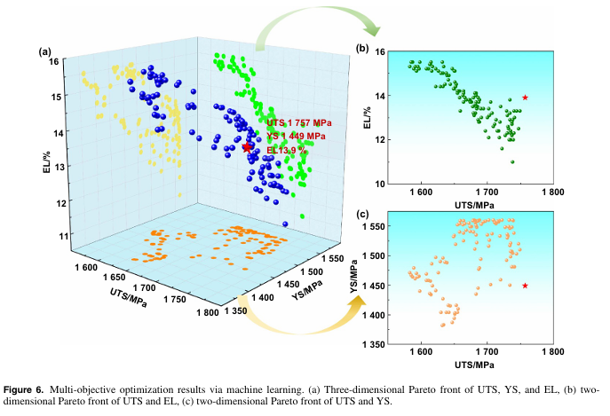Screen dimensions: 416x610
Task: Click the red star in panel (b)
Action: [526, 98]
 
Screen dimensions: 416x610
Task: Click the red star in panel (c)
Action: [526, 286]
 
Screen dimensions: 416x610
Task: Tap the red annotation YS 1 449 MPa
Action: [295, 137]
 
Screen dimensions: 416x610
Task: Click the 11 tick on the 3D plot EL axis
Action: [65, 236]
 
